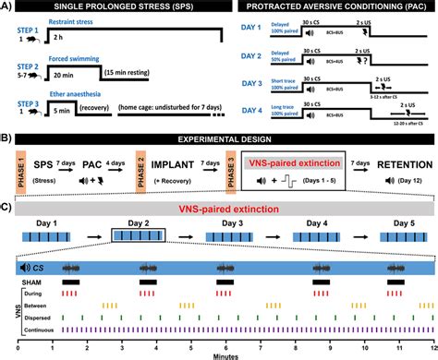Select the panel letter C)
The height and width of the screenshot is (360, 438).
point(7,207)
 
